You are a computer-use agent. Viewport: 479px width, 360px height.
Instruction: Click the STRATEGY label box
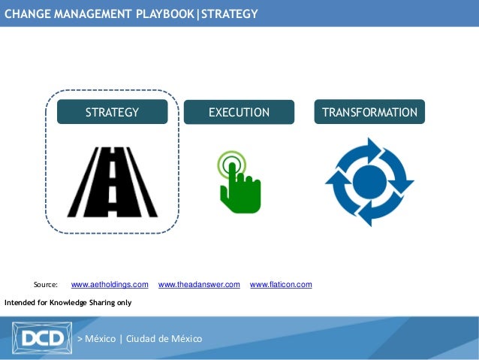[x=112, y=112]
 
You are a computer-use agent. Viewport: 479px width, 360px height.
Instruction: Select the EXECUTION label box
[x=239, y=112]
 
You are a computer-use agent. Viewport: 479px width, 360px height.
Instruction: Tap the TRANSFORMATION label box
[x=369, y=112]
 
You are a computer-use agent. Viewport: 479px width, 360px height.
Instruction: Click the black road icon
[x=112, y=181]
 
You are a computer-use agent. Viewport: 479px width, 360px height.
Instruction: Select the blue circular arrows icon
[x=369, y=181]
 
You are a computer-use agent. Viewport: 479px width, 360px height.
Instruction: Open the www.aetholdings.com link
[x=110, y=285]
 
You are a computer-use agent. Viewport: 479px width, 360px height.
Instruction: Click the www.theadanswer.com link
[x=199, y=285]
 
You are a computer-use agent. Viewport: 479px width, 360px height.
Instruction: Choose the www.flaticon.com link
[x=281, y=285]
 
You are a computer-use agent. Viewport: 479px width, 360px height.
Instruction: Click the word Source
[x=46, y=285]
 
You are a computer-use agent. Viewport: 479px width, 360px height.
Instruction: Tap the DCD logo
[x=42, y=338]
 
